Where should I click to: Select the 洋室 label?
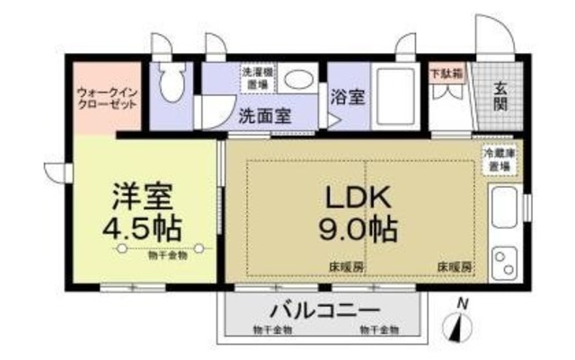pyautogui.click(x=141, y=196)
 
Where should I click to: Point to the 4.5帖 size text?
pyautogui.click(x=141, y=227)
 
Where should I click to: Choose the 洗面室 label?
pyautogui.click(x=263, y=116)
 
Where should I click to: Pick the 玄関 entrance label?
pyautogui.click(x=500, y=95)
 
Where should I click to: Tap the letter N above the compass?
pyautogui.click(x=461, y=303)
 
